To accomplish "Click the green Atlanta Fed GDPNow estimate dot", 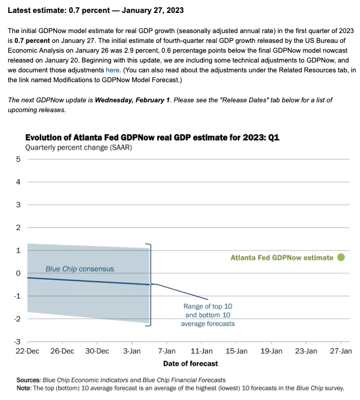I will tap(341, 257).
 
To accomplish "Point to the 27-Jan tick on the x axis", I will tap(341, 351).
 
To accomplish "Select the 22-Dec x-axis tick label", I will tap(27, 351).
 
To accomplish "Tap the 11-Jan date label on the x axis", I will tap(201, 351).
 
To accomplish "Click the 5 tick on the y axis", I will tap(18, 159).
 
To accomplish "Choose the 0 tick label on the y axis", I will tap(18, 273).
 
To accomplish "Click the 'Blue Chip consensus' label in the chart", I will tap(80, 269).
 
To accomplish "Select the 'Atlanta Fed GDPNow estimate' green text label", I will tap(281, 257).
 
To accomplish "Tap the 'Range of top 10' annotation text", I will tap(208, 306).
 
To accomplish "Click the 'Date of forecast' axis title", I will tap(191, 363).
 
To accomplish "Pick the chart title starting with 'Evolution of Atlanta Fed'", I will tap(152, 137).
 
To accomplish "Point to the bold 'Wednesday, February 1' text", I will tap(132, 100).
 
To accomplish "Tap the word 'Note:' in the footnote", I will tap(24, 388).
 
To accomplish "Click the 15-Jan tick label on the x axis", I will tap(236, 351).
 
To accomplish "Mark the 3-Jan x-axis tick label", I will tap(132, 351).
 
